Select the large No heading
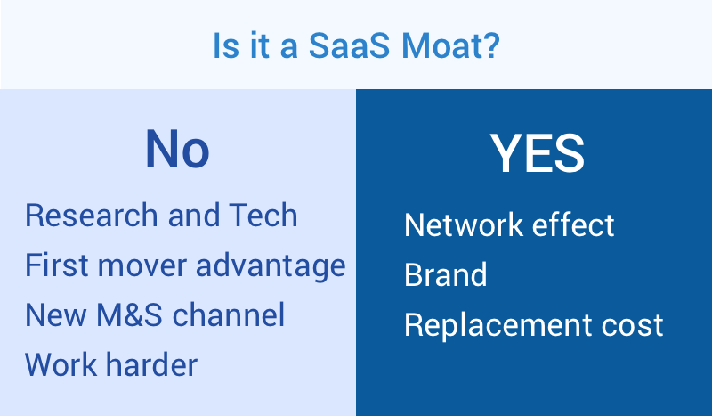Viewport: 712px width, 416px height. click(x=177, y=149)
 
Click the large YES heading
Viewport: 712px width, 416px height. click(x=538, y=153)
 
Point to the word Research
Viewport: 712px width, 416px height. click(x=92, y=215)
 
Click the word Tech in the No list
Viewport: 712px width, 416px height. click(x=263, y=215)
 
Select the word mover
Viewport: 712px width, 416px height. click(x=142, y=266)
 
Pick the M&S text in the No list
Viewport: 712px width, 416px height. click(x=129, y=314)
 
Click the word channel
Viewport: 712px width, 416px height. click(x=229, y=314)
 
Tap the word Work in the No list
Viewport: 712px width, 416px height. click(x=61, y=364)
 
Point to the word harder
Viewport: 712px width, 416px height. click(x=151, y=364)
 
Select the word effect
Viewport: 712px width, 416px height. click(x=573, y=224)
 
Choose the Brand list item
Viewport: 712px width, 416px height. click(x=446, y=274)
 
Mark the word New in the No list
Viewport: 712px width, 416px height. click(x=56, y=314)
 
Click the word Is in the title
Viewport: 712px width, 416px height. click(x=226, y=45)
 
